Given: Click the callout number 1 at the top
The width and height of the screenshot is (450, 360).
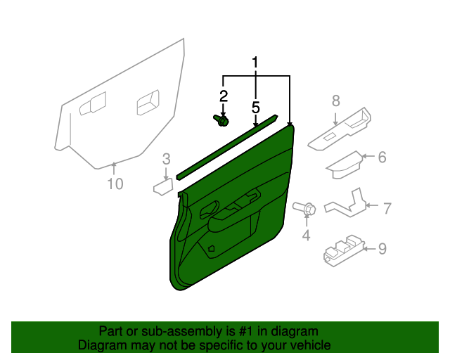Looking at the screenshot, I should [255, 63].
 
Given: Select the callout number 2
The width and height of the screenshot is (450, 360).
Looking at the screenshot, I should [224, 96].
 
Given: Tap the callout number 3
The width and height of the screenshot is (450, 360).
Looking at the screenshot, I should [166, 157].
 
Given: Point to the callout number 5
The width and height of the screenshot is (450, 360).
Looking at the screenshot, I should [255, 108].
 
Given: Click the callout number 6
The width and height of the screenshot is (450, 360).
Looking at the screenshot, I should [382, 157].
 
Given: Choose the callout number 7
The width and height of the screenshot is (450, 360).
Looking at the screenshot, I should [387, 207].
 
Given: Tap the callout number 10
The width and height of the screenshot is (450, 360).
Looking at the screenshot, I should [115, 184].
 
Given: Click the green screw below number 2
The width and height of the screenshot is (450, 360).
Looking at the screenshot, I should [221, 121].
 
